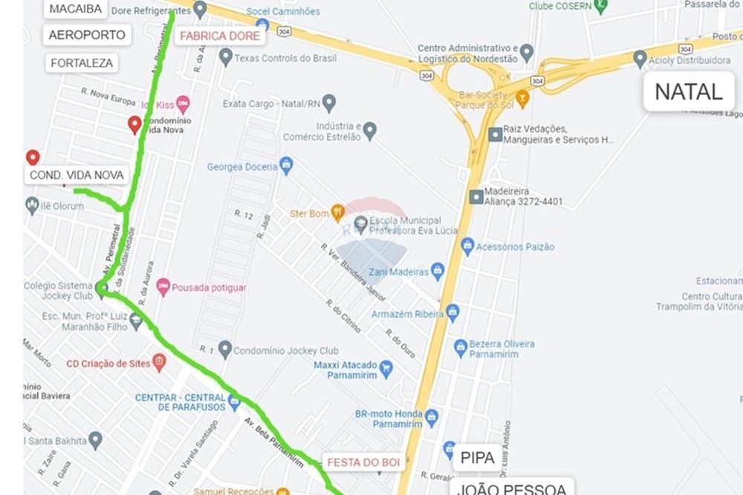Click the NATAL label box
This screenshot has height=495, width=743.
(x=688, y=92)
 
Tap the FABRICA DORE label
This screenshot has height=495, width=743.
(x=220, y=36)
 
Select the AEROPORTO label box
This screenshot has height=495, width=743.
(x=88, y=35)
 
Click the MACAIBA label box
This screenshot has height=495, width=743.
(x=76, y=9)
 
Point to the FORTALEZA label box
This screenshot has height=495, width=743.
(x=82, y=63)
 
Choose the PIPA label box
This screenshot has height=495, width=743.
(x=477, y=458)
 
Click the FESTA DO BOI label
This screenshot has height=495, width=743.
(x=364, y=462)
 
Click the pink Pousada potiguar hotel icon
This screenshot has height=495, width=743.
(x=163, y=287)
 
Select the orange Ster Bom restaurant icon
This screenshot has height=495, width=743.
(x=337, y=214)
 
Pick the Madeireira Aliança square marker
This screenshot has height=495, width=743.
(x=476, y=197)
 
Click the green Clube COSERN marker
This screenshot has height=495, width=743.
(x=600, y=6)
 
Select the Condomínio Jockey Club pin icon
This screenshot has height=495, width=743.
(x=225, y=350)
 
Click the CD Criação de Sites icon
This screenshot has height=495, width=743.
(x=158, y=363)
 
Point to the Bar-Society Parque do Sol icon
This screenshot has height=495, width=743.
(x=522, y=99)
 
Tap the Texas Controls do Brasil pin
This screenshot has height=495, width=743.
(x=226, y=58)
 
